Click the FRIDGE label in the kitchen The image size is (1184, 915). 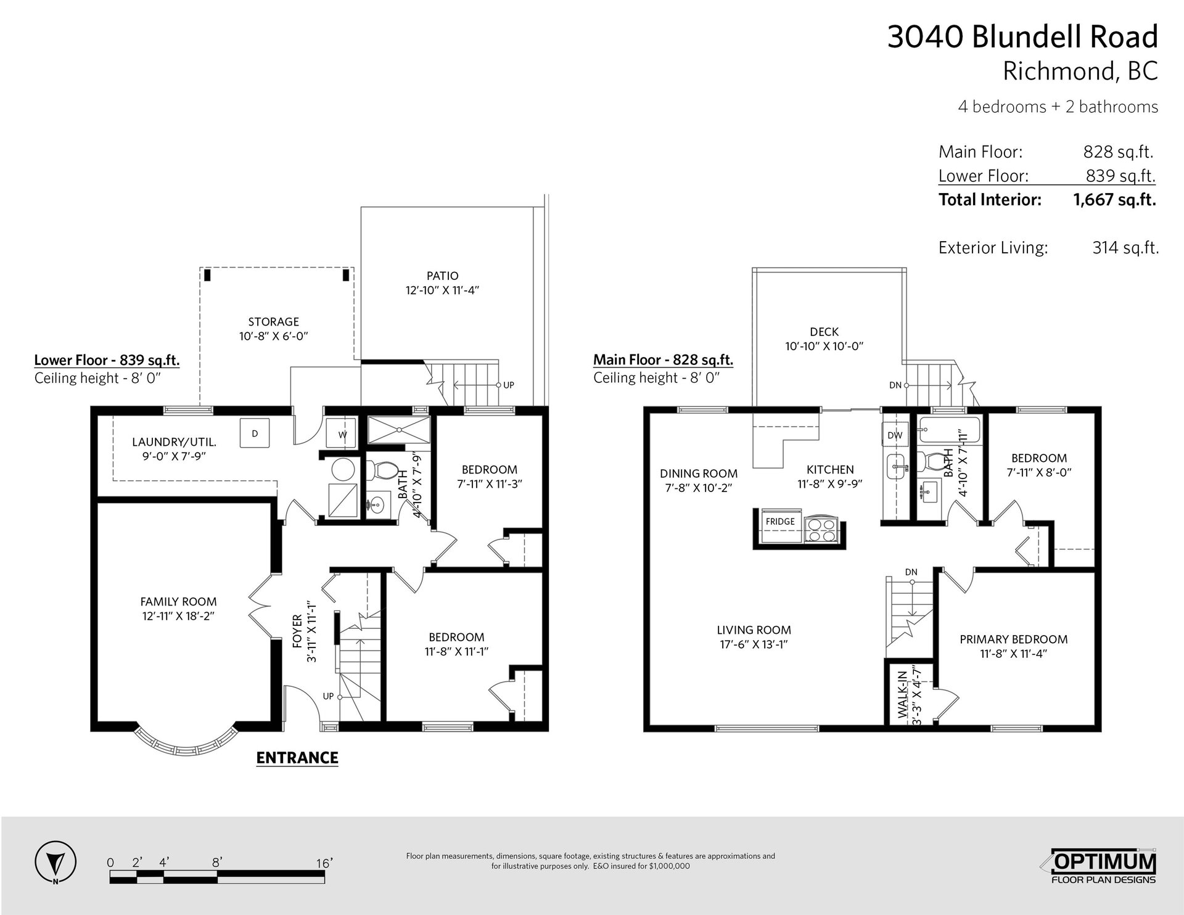[780, 522]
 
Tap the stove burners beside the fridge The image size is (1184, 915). [821, 530]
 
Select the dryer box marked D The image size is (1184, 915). [255, 433]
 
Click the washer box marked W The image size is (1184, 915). [342, 435]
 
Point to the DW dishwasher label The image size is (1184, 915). [895, 435]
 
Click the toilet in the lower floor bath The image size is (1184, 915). [384, 471]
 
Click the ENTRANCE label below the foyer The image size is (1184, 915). [297, 758]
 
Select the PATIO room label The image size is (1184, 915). [442, 276]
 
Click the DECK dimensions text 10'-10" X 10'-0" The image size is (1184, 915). [824, 347]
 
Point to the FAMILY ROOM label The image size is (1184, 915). [178, 602]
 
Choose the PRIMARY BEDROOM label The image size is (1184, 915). [1014, 639]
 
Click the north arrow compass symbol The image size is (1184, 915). [55, 861]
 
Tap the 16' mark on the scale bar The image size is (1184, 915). [324, 863]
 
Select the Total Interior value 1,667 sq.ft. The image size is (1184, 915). [1115, 200]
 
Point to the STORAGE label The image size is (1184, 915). [273, 322]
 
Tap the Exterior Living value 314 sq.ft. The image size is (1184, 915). [1125, 248]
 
